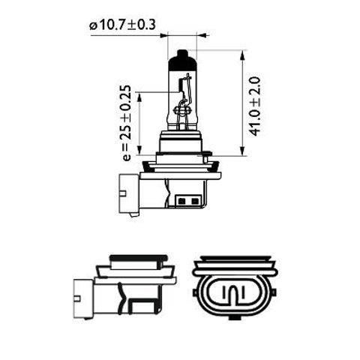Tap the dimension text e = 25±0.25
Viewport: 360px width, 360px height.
point(126,123)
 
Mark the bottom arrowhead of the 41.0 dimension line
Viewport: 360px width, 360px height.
point(244,153)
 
